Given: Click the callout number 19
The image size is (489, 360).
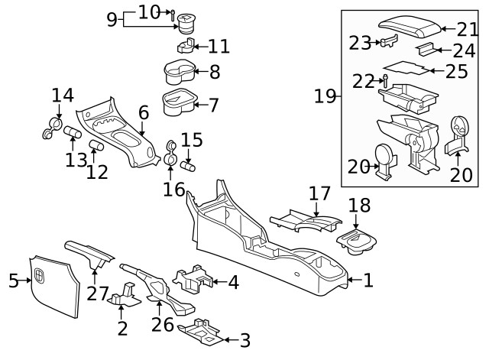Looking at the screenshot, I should pyautogui.click(x=326, y=96).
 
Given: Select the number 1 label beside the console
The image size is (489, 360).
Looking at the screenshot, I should pyautogui.click(x=368, y=281).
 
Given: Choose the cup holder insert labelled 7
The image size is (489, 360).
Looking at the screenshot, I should pyautogui.click(x=178, y=102).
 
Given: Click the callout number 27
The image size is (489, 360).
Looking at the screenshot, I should pyautogui.click(x=96, y=293).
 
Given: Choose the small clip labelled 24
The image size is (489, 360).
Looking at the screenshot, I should pyautogui.click(x=430, y=50).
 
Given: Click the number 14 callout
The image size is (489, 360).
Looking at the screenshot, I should pyautogui.click(x=63, y=96).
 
